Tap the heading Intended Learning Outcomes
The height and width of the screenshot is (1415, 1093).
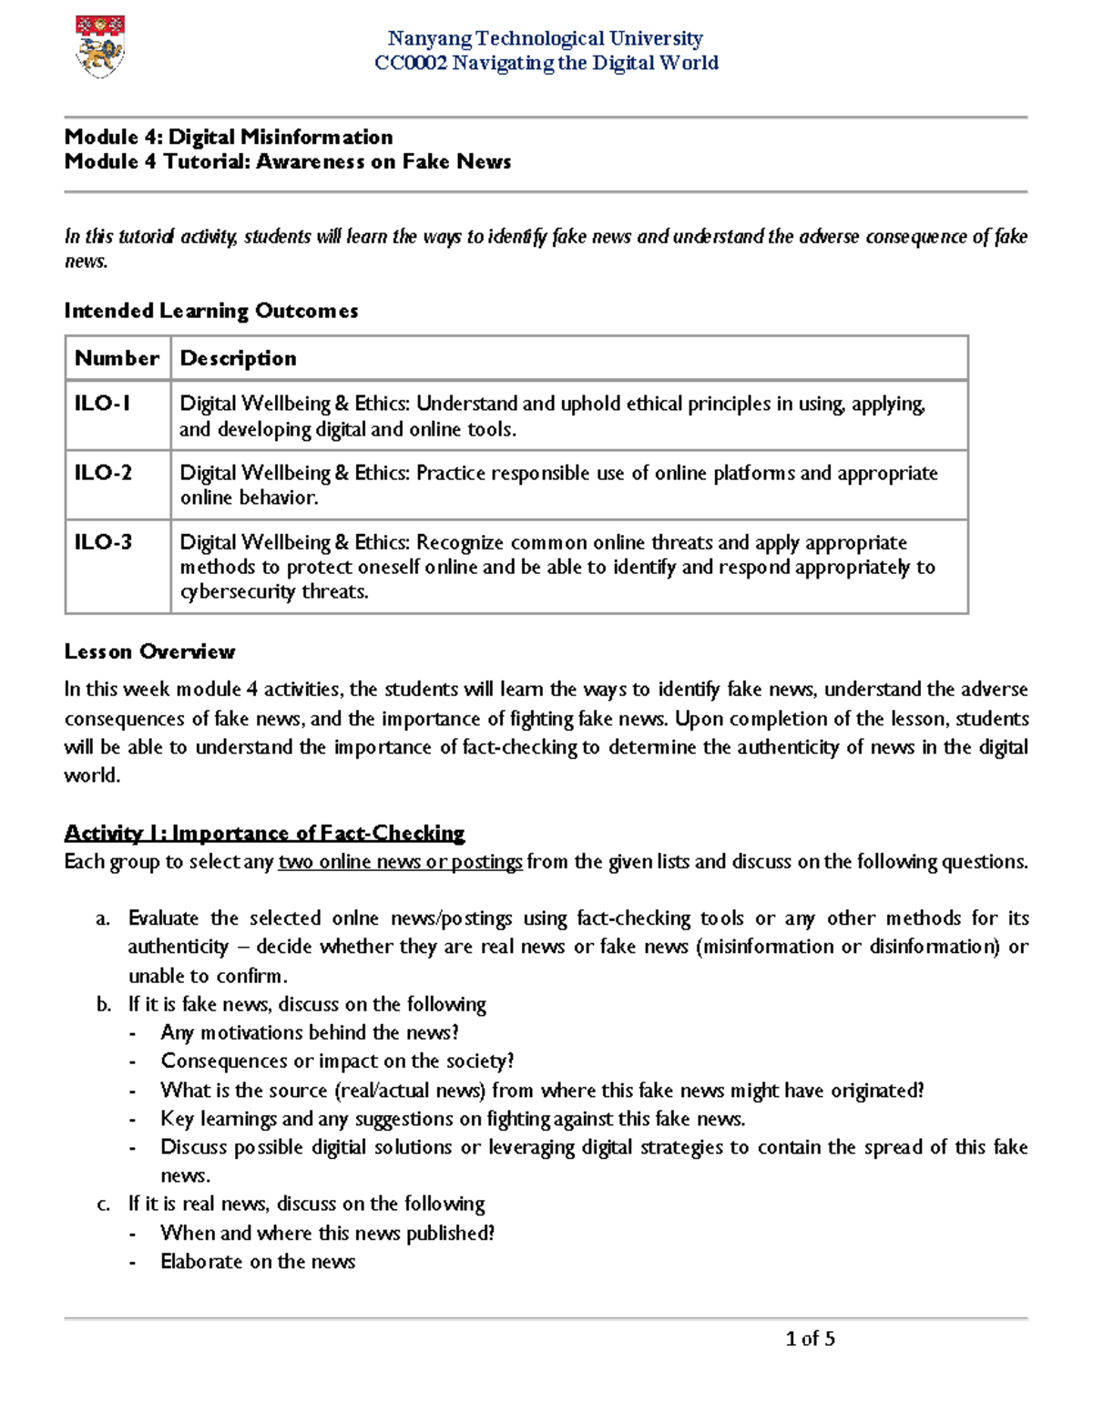211,311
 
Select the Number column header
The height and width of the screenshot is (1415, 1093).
117,358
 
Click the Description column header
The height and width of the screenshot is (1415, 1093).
238,358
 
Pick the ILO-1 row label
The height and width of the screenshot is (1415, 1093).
102,403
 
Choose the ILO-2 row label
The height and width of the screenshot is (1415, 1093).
103,472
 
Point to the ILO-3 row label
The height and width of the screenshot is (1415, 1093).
103,542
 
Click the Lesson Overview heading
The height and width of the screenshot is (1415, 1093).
149,651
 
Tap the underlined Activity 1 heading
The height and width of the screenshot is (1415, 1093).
264,833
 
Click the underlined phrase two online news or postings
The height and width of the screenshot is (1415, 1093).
401,862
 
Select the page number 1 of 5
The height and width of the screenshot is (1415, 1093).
810,1338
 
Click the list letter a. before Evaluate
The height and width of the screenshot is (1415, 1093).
103,918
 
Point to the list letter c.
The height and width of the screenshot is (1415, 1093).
103,1205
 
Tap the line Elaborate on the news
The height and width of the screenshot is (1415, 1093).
258,1262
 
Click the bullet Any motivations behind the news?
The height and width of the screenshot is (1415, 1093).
310,1033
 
